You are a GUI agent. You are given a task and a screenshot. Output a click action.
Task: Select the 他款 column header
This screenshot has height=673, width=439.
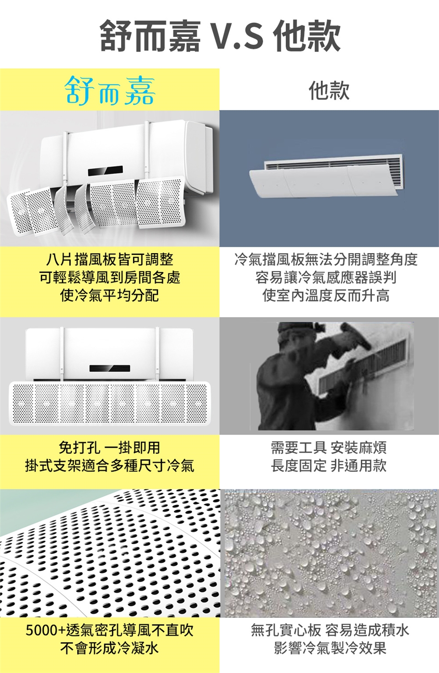point(329,90)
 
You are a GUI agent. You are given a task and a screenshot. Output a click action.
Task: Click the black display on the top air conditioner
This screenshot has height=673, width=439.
point(106,171)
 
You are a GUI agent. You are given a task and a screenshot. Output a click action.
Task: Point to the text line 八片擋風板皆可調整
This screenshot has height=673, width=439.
point(110,259)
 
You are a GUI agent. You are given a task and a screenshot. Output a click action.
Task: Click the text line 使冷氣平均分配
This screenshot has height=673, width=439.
point(110,295)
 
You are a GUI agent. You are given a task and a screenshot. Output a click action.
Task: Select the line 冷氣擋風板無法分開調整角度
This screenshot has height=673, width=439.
point(326,259)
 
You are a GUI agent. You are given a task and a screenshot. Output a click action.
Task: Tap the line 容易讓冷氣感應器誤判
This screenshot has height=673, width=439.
point(326,277)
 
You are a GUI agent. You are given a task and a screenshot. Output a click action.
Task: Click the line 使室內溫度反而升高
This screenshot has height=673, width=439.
point(326,295)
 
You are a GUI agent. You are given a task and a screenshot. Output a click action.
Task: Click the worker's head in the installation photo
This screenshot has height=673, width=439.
point(291,334)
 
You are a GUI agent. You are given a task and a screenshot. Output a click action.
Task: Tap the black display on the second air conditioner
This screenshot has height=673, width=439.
point(110,368)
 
